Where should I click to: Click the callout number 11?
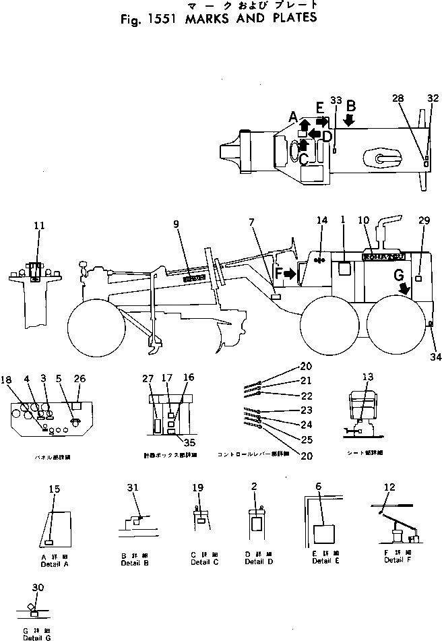point(39,226)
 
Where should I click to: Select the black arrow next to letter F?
point(291,274)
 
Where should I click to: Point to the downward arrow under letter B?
point(349,119)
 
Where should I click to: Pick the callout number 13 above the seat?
point(367,377)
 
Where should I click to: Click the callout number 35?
point(189,443)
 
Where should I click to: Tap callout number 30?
point(38,587)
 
